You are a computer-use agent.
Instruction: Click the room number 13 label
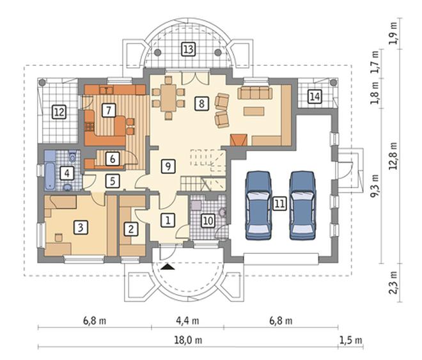[188, 49]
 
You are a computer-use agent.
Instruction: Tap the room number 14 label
[315, 97]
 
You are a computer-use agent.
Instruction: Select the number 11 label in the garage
[279, 203]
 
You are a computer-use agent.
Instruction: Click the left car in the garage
[258, 205]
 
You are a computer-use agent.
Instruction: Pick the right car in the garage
[302, 205]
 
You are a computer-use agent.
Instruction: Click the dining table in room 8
[168, 98]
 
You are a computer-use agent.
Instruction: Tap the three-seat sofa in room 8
[255, 93]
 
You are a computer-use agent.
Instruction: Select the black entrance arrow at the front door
[168, 267]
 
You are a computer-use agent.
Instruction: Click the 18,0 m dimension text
[188, 340]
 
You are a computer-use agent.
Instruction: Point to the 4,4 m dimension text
[187, 321]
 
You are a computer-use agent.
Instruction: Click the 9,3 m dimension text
[375, 186]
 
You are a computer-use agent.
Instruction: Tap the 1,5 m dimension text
[350, 340]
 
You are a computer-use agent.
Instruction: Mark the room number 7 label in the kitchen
[109, 110]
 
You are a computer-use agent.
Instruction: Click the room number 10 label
[208, 221]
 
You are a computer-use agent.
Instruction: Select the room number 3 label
[80, 228]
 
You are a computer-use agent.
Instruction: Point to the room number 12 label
[59, 112]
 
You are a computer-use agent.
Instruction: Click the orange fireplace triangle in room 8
[238, 140]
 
